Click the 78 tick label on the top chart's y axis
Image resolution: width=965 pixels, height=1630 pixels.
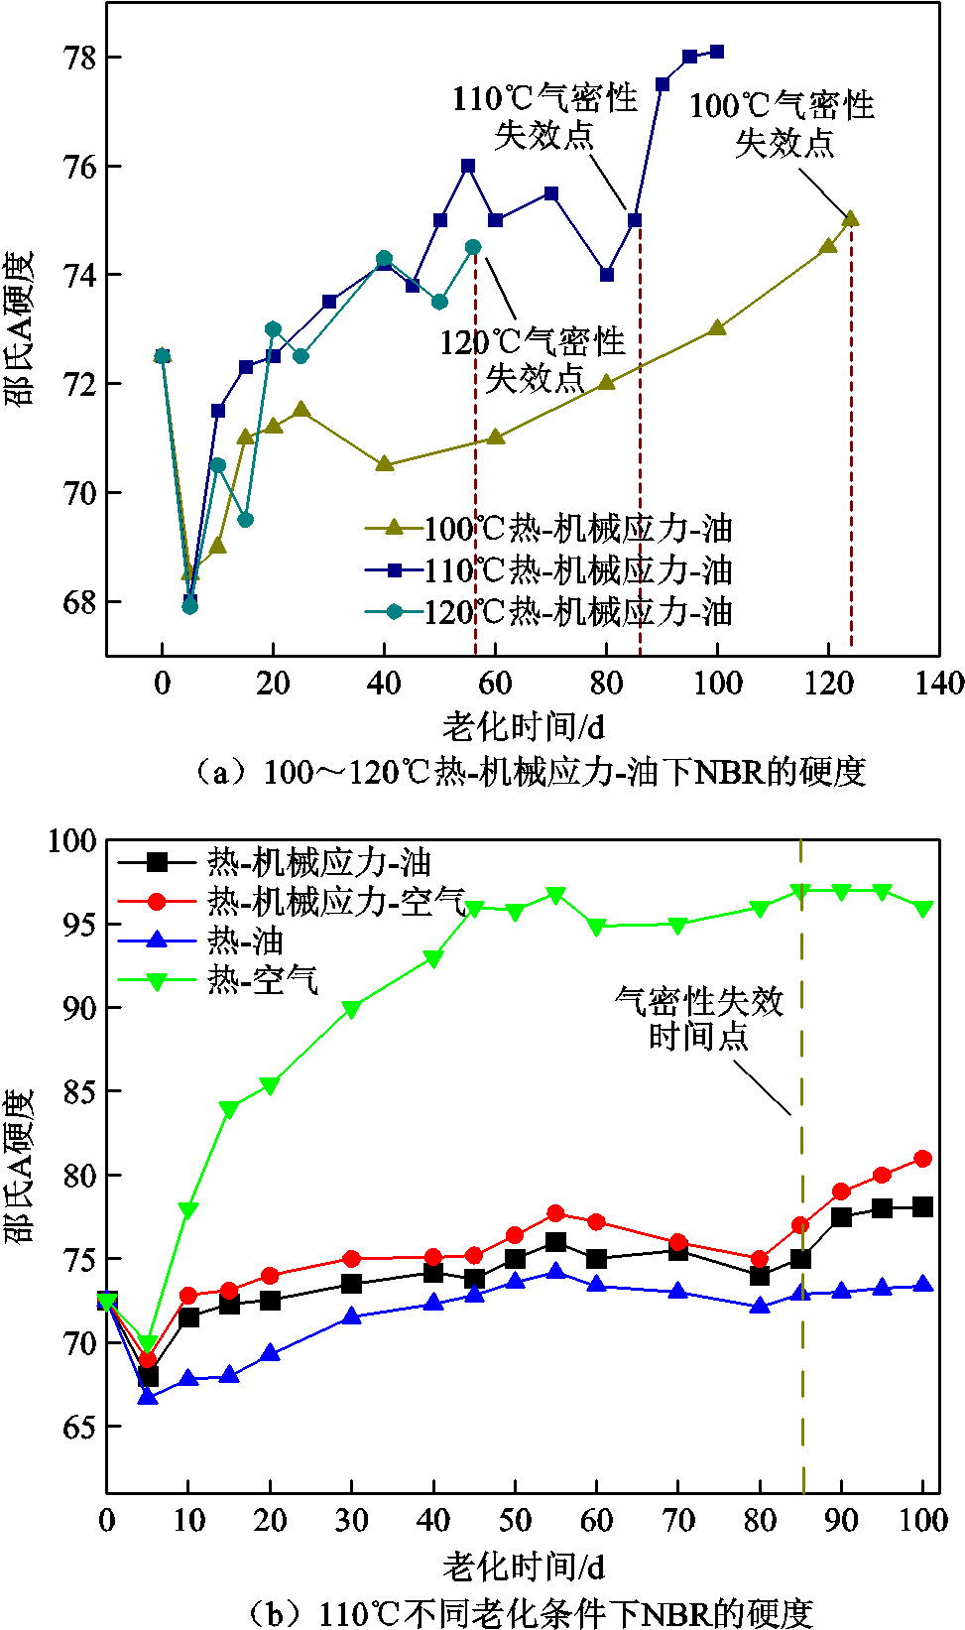(x=79, y=59)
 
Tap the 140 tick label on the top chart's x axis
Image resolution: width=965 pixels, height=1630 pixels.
(x=939, y=684)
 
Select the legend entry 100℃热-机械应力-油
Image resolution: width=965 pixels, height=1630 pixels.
(x=549, y=529)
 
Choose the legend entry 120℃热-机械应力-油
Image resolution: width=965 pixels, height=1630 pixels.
(x=549, y=612)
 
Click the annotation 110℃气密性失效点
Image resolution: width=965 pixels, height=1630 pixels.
(x=544, y=117)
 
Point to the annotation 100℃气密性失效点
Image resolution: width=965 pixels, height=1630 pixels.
(x=783, y=124)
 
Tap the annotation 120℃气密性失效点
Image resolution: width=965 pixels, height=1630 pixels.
(x=533, y=359)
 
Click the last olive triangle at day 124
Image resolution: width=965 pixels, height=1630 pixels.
(x=850, y=219)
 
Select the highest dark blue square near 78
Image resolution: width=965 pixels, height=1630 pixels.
(x=717, y=52)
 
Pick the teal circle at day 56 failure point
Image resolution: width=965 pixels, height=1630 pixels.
(x=473, y=247)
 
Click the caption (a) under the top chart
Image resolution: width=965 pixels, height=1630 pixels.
(x=529, y=772)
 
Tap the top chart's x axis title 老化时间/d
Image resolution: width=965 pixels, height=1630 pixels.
(x=524, y=725)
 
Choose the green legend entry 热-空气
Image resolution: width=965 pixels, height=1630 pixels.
(x=218, y=980)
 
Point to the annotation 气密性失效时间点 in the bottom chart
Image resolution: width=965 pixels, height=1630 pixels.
(x=699, y=1019)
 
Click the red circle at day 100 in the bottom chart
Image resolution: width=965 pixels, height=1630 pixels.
(x=922, y=1159)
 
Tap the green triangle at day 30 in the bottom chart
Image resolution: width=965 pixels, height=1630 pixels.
(x=351, y=1009)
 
